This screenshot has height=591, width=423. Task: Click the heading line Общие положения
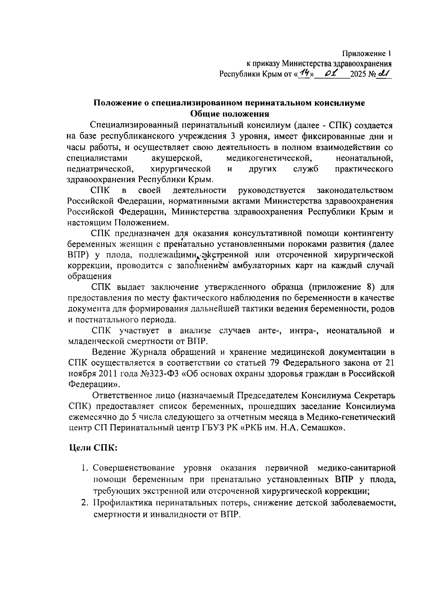(x=229, y=114)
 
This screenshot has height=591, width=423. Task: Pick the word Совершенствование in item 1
(x=134, y=468)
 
